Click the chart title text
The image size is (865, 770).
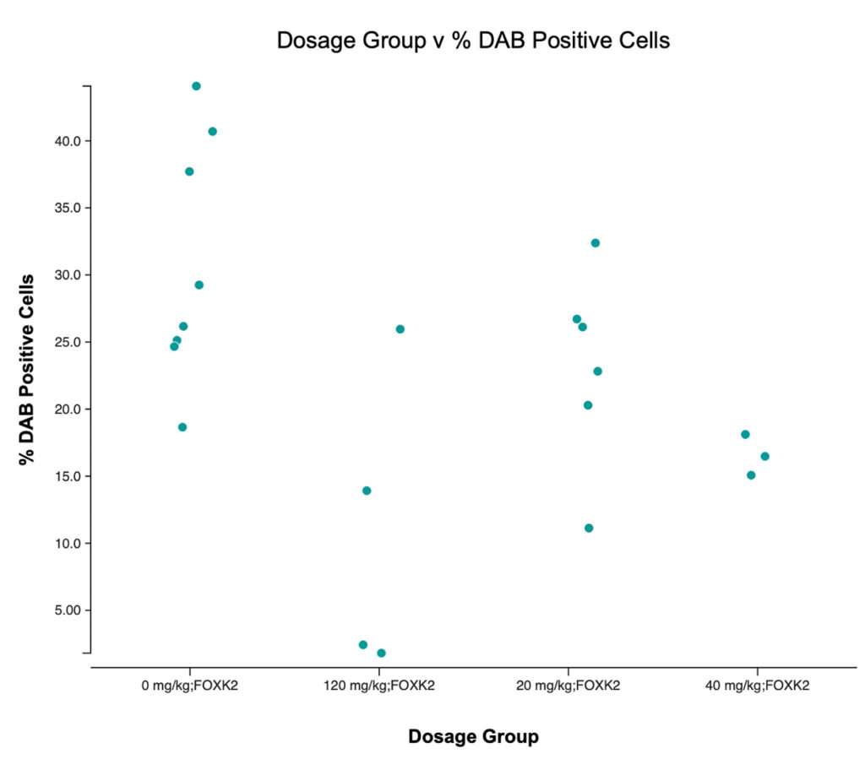[473, 41]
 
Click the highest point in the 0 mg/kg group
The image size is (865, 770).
[196, 86]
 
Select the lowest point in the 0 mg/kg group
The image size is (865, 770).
[182, 427]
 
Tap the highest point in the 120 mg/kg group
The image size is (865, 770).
[400, 329]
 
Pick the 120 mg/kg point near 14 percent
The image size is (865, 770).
[367, 491]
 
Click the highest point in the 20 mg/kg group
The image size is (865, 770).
[595, 243]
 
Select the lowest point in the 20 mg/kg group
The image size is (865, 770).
[589, 529]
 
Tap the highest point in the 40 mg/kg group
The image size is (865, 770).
[745, 435]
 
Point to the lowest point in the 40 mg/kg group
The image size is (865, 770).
[751, 475]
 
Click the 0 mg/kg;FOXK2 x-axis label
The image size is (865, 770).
[190, 686]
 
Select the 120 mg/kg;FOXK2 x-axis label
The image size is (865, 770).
[379, 686]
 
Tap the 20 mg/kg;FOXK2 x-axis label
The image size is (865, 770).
[568, 686]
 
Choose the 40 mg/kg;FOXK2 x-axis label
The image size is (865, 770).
[757, 686]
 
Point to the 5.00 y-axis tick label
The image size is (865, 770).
[63, 610]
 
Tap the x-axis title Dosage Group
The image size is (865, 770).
[473, 737]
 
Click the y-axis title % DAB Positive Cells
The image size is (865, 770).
[28, 370]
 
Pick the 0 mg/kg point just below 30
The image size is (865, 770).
[199, 285]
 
